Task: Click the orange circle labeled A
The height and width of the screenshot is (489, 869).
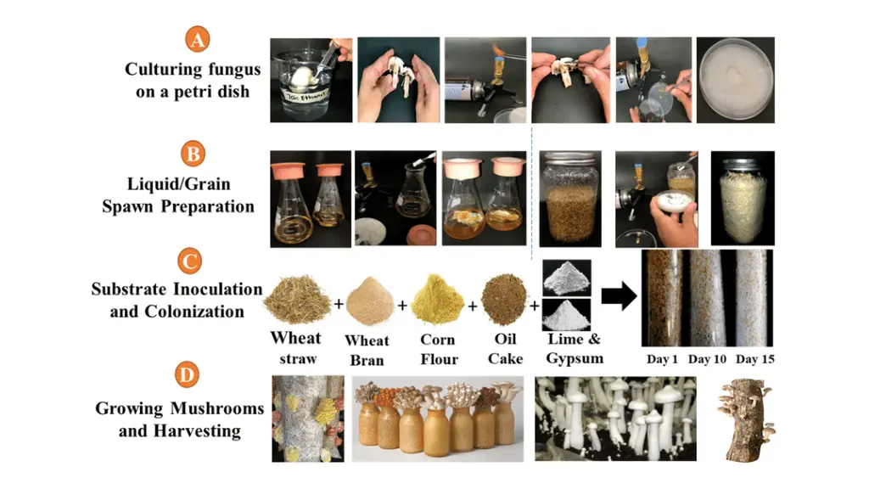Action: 197,39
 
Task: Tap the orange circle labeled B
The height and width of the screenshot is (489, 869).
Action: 193,154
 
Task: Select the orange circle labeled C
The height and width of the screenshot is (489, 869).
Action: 189,261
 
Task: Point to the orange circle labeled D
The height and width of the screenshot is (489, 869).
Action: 187,374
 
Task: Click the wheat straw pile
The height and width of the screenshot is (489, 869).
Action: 298,300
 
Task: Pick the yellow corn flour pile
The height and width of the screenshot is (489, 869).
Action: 438,300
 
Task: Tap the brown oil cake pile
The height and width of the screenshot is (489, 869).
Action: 504,300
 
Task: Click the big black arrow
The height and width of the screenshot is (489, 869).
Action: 619,295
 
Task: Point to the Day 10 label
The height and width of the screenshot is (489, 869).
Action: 707,359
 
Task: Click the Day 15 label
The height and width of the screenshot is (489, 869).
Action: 754,359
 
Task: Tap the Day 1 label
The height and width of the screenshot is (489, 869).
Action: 662,359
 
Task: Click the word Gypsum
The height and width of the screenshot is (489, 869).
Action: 575,359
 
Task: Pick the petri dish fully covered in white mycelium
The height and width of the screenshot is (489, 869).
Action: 736,79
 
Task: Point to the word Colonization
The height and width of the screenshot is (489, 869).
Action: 194,312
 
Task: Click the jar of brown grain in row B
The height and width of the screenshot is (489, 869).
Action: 569,199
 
